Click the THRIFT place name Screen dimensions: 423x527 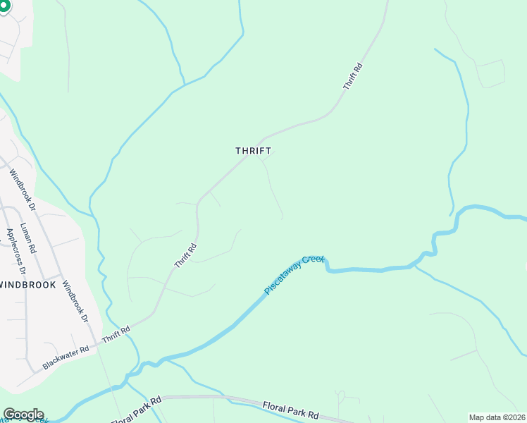(253, 151)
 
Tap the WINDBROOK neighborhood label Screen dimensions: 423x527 (28, 284)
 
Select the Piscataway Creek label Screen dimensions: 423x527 (294, 274)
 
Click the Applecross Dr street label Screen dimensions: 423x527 (15, 251)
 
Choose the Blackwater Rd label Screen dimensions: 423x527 (66, 357)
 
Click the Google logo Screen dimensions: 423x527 (23, 414)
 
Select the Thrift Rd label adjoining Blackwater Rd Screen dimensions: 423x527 (116, 334)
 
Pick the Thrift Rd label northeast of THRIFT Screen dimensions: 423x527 (353, 76)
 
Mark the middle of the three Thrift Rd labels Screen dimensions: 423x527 (185, 255)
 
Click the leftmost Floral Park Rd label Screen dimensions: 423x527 (136, 409)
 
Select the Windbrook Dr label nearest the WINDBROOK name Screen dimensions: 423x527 (75, 302)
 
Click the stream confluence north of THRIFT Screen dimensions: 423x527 (185, 85)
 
